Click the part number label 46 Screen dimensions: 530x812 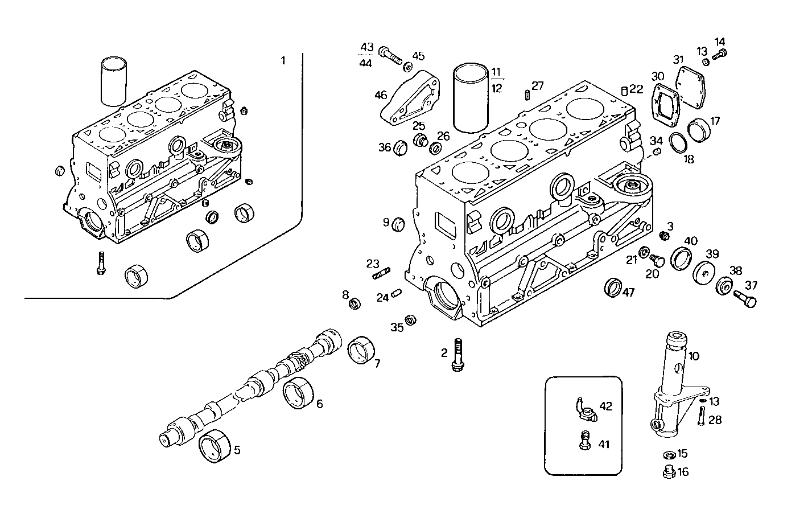tap(381, 95)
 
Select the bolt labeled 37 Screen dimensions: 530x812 tap(744, 298)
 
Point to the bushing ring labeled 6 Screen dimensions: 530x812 tap(299, 393)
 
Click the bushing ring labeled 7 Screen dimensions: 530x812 tap(362, 349)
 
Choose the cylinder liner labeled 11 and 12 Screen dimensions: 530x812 tap(471, 98)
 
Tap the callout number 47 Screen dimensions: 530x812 tap(628, 293)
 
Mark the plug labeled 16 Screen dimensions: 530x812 tap(669, 472)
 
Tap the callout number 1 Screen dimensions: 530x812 tap(283, 60)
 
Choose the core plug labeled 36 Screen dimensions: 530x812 tap(401, 147)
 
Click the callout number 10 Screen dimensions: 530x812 tap(694, 356)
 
